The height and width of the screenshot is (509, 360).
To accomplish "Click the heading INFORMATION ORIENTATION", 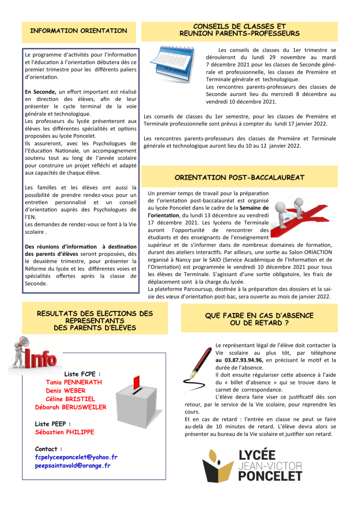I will [79, 31].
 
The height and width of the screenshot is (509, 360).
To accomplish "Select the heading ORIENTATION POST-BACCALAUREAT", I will [240, 177].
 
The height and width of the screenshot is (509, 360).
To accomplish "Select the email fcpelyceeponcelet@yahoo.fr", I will [76, 457].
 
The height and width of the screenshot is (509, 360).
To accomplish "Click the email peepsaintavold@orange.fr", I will [73, 466].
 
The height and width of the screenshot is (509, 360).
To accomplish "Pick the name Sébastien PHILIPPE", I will [64, 432].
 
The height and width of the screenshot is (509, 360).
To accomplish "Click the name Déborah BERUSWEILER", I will [71, 407].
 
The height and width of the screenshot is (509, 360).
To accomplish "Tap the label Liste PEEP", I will [53, 423].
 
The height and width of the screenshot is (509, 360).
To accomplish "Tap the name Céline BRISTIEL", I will [70, 399].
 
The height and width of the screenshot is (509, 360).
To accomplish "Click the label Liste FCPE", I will [83, 374].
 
